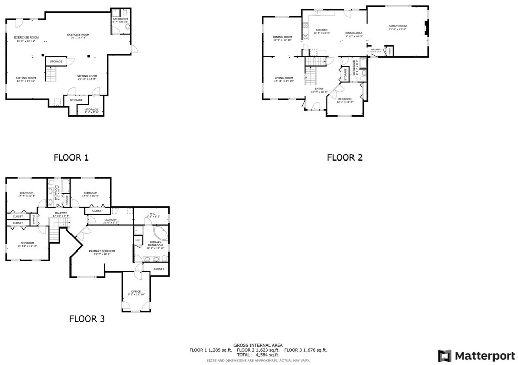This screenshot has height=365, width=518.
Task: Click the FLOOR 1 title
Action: [71, 157]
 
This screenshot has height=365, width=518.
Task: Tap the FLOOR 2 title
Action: [344, 157]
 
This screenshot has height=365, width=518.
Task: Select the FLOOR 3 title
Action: [87, 318]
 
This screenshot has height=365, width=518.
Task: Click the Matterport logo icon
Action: [444, 355]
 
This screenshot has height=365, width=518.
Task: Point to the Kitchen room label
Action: [321, 30]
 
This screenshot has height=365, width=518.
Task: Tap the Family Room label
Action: [397, 26]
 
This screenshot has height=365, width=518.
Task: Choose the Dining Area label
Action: [354, 33]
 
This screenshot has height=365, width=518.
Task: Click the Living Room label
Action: [284, 78]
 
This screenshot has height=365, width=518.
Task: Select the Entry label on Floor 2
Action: [319, 89]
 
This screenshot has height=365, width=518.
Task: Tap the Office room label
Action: [136, 292]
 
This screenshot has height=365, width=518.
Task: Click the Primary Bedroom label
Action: [102, 251]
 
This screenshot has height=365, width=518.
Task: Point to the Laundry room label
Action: [110, 220]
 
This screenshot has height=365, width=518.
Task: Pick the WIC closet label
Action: [152, 214]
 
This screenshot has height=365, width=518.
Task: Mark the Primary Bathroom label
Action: [156, 244]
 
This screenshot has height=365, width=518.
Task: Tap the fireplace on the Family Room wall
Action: [427, 29]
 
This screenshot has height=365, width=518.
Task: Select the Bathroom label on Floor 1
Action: [120, 19]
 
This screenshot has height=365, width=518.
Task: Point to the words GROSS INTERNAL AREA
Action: [258, 345]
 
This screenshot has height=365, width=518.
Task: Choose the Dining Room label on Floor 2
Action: [282, 37]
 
